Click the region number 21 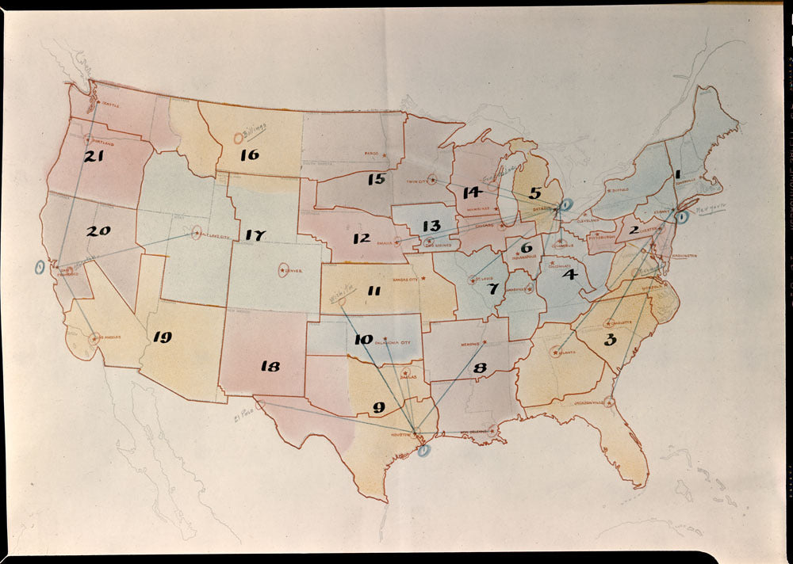95,157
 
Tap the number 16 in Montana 250,154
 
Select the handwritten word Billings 255,128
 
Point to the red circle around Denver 284,270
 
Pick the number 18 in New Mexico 270,366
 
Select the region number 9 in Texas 378,409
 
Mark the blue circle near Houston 423,451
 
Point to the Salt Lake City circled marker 197,233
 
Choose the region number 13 431,227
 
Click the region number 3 610,341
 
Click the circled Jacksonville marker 609,402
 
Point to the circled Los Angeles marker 94,339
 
